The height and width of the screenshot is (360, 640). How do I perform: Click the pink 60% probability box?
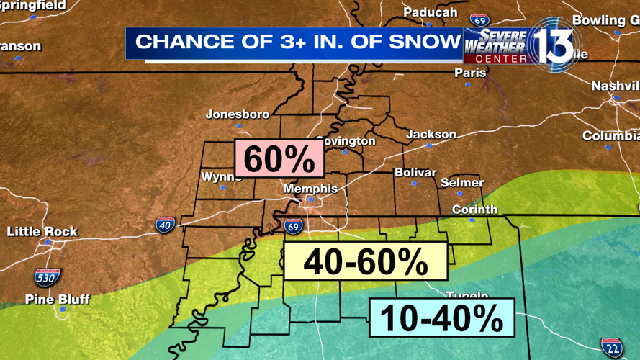tap(279, 158)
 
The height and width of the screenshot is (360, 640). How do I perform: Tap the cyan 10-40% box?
tap(442, 318)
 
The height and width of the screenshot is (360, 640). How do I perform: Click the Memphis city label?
tap(310, 189)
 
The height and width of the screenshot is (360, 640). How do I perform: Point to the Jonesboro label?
tap(238, 114)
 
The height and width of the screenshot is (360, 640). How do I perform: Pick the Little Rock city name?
tap(42, 231)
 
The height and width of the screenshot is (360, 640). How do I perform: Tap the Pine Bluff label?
tap(58, 299)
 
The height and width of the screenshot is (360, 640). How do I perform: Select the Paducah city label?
tap(430, 12)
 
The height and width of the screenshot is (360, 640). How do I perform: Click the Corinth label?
tap(474, 210)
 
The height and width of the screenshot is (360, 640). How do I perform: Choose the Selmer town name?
tap(461, 182)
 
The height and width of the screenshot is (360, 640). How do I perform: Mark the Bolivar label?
tap(415, 173)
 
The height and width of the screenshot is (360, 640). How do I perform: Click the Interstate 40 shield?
tap(165, 224)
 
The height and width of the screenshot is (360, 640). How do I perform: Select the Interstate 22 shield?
tap(612, 347)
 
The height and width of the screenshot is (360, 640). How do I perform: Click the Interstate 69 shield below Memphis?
tap(293, 227)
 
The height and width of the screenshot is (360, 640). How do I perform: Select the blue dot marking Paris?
tap(468, 84)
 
